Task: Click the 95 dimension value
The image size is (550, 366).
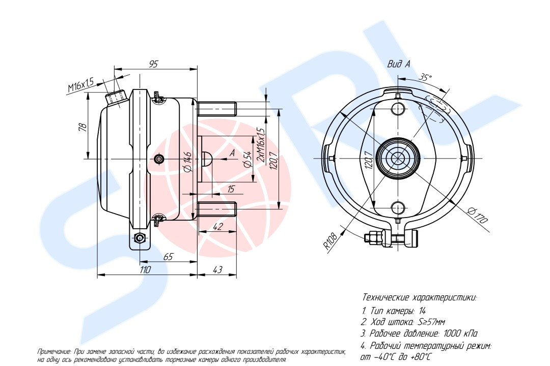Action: (154, 64)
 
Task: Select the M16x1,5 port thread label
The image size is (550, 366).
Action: (81, 85)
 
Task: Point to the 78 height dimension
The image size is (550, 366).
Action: (81, 127)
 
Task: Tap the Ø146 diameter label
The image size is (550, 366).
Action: (187, 162)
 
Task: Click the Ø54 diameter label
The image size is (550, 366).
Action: (248, 159)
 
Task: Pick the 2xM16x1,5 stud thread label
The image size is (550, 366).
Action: (261, 144)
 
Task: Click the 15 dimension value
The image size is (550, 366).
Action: (231, 189)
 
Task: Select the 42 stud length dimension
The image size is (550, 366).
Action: (218, 227)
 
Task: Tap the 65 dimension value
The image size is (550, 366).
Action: (169, 257)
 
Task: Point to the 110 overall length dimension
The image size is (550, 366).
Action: (145, 270)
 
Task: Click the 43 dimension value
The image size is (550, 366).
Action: (217, 270)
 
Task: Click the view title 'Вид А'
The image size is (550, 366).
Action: (398, 64)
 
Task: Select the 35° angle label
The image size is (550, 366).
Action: (425, 77)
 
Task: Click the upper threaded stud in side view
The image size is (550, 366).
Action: (216, 109)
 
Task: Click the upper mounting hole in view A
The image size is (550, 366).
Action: (398, 109)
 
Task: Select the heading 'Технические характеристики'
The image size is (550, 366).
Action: (419, 298)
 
